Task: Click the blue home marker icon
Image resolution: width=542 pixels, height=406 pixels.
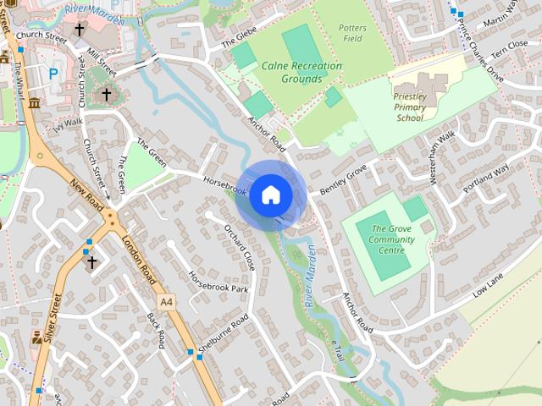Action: [x=270, y=195]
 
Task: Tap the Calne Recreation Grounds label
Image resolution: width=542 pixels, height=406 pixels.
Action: [x=301, y=72]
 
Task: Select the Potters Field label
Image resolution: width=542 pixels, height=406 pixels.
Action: [x=352, y=33]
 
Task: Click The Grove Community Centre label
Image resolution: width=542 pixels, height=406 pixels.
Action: [x=392, y=239]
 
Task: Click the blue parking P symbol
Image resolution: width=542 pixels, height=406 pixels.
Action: [x=53, y=74]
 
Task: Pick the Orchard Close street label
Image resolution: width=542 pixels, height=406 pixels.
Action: [x=240, y=247]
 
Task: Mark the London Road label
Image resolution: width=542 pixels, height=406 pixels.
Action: [x=141, y=260]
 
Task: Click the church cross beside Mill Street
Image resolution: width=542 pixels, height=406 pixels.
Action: [x=106, y=94]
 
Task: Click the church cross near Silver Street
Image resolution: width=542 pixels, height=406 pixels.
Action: [x=92, y=263]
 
